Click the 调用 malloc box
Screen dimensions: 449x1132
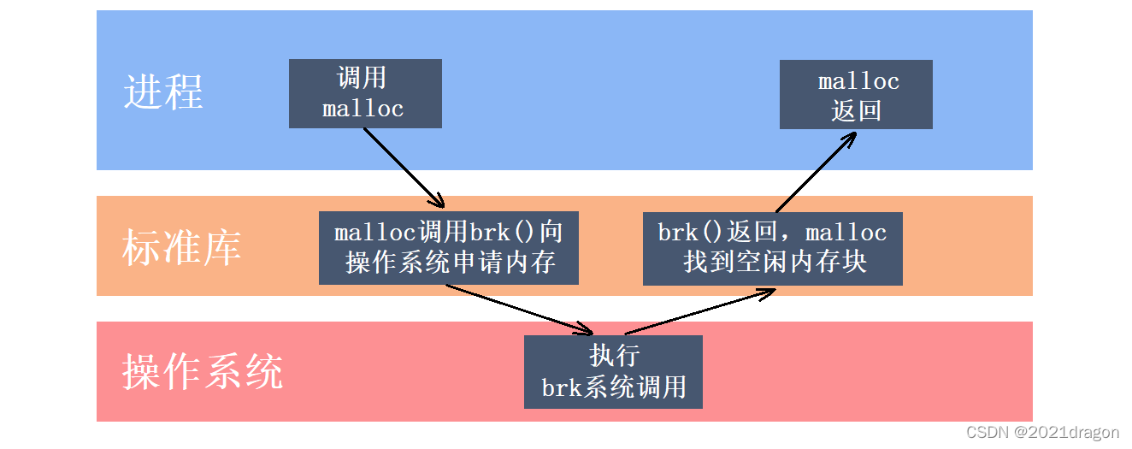(365, 93)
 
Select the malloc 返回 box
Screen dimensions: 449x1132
(856, 95)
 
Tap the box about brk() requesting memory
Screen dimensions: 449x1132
(449, 247)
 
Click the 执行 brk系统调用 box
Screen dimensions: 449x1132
(613, 371)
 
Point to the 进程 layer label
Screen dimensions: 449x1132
(163, 92)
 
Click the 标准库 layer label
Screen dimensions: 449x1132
(181, 246)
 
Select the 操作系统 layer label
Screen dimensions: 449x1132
(203, 372)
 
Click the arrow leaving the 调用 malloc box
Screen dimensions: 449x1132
(404, 168)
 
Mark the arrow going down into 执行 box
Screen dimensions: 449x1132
(519, 308)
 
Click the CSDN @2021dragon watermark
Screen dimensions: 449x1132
(1042, 433)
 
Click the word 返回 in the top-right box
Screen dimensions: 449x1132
(856, 110)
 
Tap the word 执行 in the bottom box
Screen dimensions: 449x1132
(614, 355)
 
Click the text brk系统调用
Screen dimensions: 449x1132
(614, 387)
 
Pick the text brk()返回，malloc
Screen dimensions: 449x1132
(772, 233)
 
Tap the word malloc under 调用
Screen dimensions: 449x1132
(363, 109)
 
